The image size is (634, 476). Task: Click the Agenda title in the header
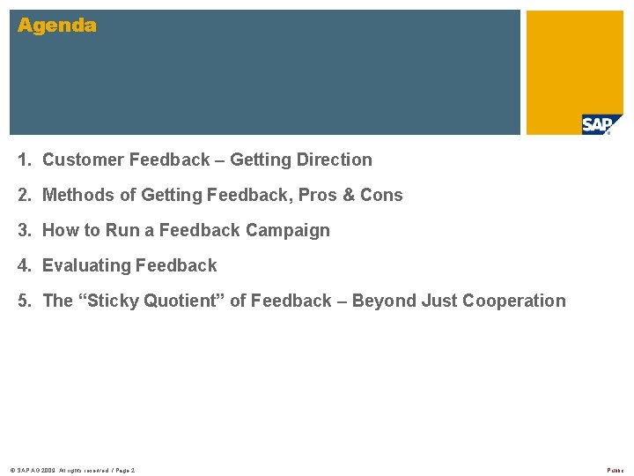pyautogui.click(x=57, y=26)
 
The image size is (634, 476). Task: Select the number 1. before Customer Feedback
pyautogui.click(x=26, y=160)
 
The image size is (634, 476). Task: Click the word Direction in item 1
pyautogui.click(x=335, y=160)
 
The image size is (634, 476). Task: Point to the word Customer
pyautogui.click(x=83, y=160)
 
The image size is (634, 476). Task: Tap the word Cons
pyautogui.click(x=381, y=195)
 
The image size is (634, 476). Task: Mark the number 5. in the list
pyautogui.click(x=26, y=301)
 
